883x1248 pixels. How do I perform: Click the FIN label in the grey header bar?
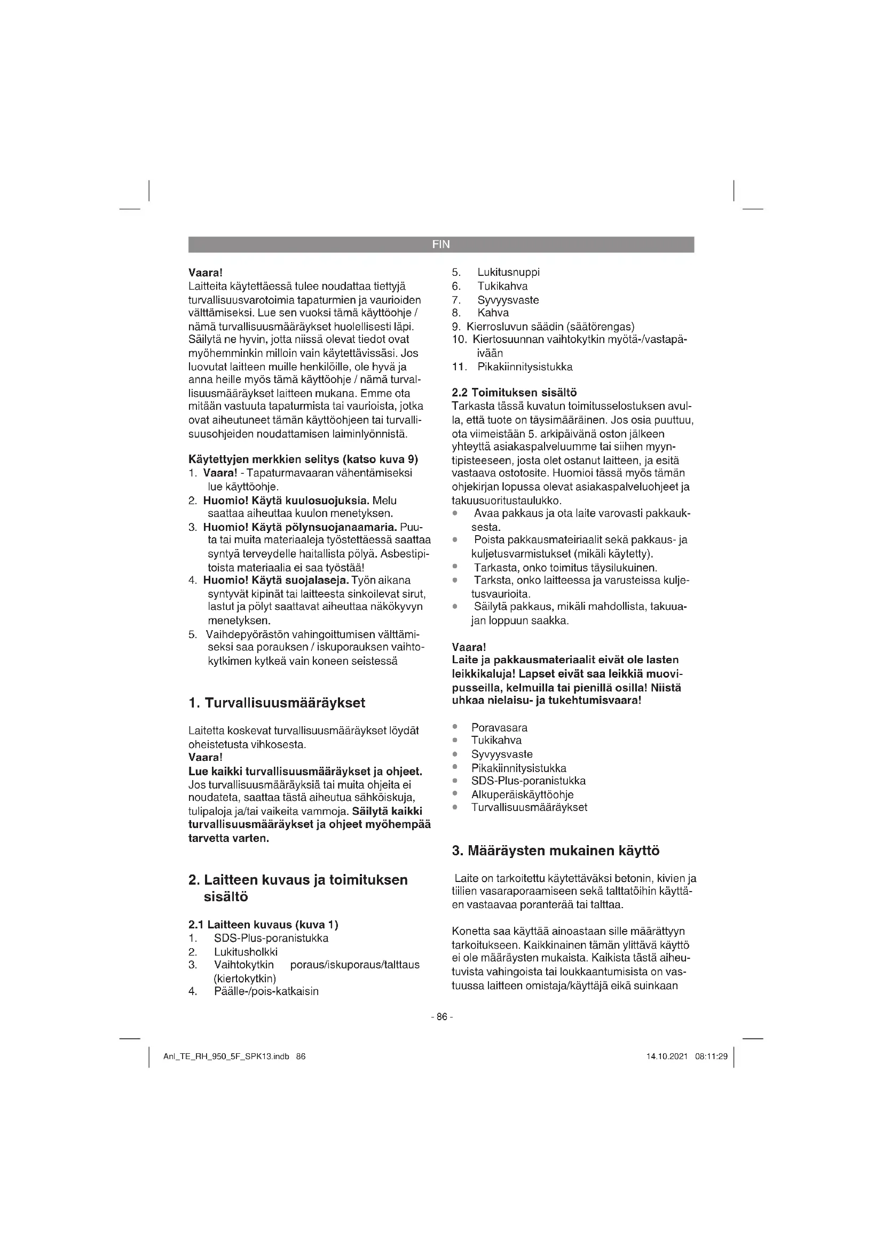click(441, 244)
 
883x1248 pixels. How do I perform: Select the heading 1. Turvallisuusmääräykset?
click(277, 703)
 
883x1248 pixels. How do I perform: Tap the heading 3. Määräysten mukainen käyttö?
click(556, 850)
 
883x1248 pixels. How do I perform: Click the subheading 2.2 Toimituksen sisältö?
click(514, 393)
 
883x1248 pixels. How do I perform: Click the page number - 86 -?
click(441, 1016)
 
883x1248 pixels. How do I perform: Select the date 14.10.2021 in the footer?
click(667, 1056)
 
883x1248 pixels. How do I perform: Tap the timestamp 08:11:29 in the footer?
click(711, 1056)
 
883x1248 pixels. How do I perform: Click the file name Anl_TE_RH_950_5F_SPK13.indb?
click(226, 1056)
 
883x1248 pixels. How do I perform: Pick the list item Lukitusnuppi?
click(508, 272)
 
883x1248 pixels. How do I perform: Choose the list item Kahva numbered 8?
click(493, 313)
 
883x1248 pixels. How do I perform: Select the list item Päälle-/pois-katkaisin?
click(266, 991)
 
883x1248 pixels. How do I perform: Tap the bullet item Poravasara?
click(499, 728)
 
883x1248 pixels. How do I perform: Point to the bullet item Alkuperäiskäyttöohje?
click(523, 794)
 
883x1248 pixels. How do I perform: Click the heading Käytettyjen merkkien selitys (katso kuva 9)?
click(303, 460)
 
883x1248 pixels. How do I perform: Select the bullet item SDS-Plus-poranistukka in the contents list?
click(529, 781)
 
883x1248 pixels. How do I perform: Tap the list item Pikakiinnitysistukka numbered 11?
click(525, 367)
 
